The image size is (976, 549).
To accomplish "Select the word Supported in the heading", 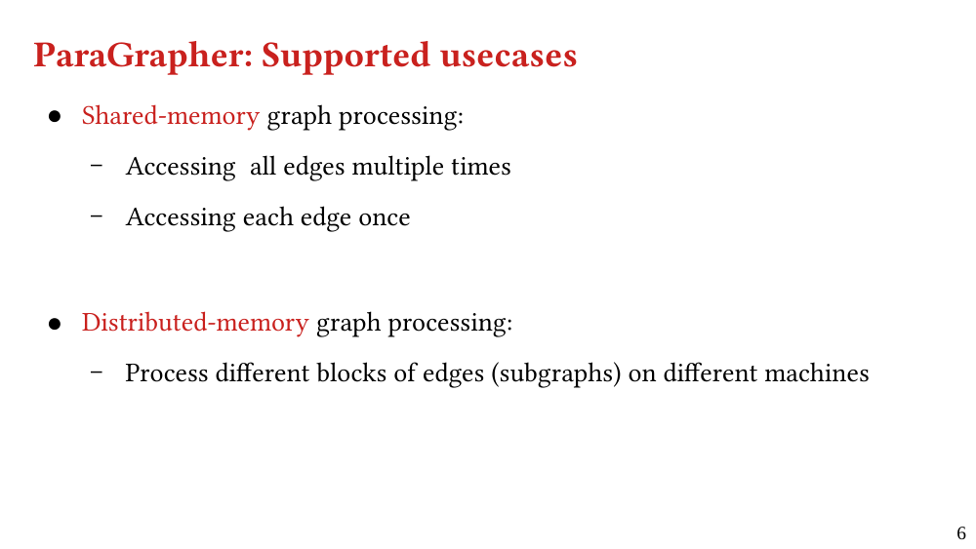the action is [346, 56].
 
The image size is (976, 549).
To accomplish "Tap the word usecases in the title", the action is [508, 55].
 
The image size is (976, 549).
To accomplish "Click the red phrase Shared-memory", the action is [171, 116].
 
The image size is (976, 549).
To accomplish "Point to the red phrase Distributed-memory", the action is [195, 323].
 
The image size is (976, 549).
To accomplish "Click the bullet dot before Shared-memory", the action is [55, 116].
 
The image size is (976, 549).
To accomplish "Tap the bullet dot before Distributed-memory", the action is [55, 324].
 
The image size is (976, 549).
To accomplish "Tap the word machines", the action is [816, 373].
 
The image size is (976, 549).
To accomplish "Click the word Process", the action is [166, 373].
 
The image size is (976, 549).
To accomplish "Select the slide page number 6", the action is [961, 533].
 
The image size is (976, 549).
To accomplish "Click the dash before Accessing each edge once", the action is [97, 216].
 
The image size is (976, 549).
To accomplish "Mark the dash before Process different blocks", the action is [97, 373].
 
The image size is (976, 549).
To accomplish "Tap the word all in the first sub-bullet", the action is [263, 167].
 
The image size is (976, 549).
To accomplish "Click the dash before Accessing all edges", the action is [97, 166].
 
